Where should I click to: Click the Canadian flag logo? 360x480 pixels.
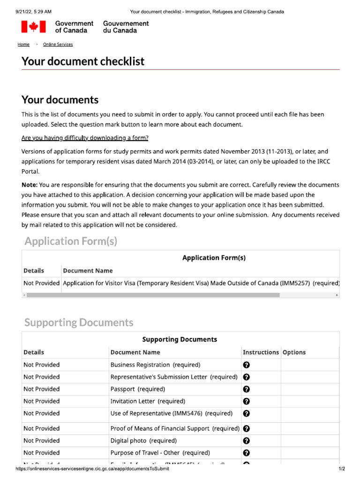tap(33, 27)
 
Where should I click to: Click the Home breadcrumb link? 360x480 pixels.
tap(23, 45)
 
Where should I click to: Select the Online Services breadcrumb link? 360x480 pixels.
tap(58, 45)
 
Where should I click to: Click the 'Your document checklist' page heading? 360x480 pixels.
tap(83, 61)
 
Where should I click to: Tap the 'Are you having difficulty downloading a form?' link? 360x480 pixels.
tap(85, 138)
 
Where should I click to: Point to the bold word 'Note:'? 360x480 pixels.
tap(30, 185)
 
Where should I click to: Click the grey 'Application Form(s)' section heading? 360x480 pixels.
tap(71, 241)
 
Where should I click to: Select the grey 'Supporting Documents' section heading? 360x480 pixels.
tap(79, 322)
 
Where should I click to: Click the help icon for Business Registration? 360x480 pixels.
tap(247, 365)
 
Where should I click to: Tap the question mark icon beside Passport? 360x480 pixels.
tap(247, 389)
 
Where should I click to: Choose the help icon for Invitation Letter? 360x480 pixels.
tap(247, 401)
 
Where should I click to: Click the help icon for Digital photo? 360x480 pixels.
tap(247, 441)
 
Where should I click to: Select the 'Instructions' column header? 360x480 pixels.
tap(261, 352)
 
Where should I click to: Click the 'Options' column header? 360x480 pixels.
tap(294, 352)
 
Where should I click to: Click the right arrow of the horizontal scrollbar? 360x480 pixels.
tap(337, 295)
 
